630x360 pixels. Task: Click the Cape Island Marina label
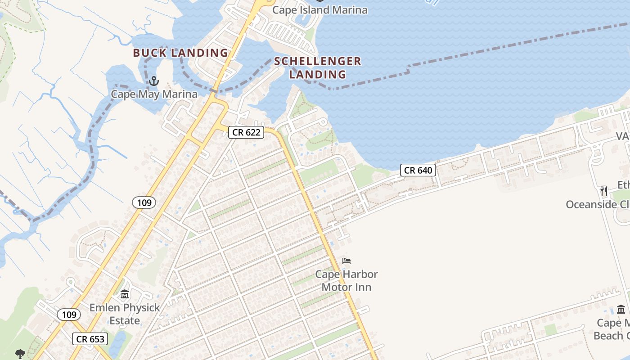tap(319, 10)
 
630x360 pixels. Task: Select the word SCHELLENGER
tap(318, 61)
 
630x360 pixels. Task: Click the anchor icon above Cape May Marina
tap(154, 81)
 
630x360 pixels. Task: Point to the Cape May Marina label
tap(154, 94)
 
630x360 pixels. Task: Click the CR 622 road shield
tap(246, 132)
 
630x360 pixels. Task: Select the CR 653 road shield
tap(90, 339)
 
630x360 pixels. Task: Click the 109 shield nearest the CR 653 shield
tap(69, 315)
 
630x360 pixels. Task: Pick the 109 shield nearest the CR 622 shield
tap(144, 202)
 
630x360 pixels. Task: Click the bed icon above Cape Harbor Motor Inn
tap(346, 261)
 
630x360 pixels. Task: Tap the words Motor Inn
tap(346, 287)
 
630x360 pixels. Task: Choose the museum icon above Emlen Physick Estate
tap(125, 295)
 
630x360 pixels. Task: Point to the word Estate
tap(125, 321)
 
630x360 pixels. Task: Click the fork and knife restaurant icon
tap(603, 191)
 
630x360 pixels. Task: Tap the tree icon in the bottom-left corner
tap(20, 354)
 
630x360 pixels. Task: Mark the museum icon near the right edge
tap(621, 310)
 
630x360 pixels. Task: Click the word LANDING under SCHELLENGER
tap(318, 74)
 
